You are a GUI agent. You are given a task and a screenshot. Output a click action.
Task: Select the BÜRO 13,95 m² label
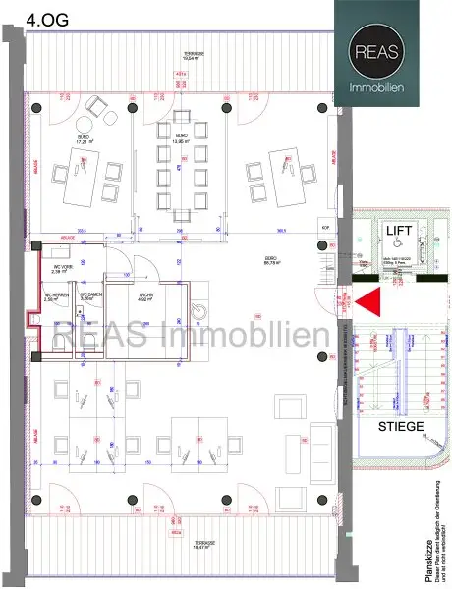[x=182, y=138]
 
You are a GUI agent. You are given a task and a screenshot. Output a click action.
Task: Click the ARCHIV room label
[x=144, y=298]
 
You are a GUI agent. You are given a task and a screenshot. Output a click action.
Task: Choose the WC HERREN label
[x=56, y=298]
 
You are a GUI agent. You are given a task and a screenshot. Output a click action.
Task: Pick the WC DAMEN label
[x=91, y=296]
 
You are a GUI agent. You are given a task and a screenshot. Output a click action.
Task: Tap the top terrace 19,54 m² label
[x=179, y=56]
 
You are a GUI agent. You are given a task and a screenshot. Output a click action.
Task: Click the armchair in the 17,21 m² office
[x=98, y=104]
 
